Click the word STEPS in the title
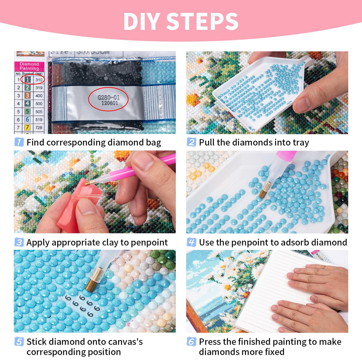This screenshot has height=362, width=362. tap(202, 21)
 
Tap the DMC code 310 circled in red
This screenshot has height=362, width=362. tap(39, 80)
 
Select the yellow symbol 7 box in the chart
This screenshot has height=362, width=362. tap(27, 127)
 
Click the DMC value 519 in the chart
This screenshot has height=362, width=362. tap(39, 120)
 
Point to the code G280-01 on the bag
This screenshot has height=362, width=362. tap(109, 97)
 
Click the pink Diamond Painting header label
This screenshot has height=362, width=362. tap(29, 66)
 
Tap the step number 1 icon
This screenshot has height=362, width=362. tap(19, 142)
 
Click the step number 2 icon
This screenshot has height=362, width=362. tap(191, 142)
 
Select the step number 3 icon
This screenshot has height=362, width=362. tap(19, 242)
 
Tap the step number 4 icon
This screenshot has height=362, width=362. tap(191, 242)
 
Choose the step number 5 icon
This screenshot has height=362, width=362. tap(19, 341)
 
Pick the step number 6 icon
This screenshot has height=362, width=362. tap(191, 341)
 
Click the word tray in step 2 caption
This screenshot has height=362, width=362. tap(301, 143)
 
